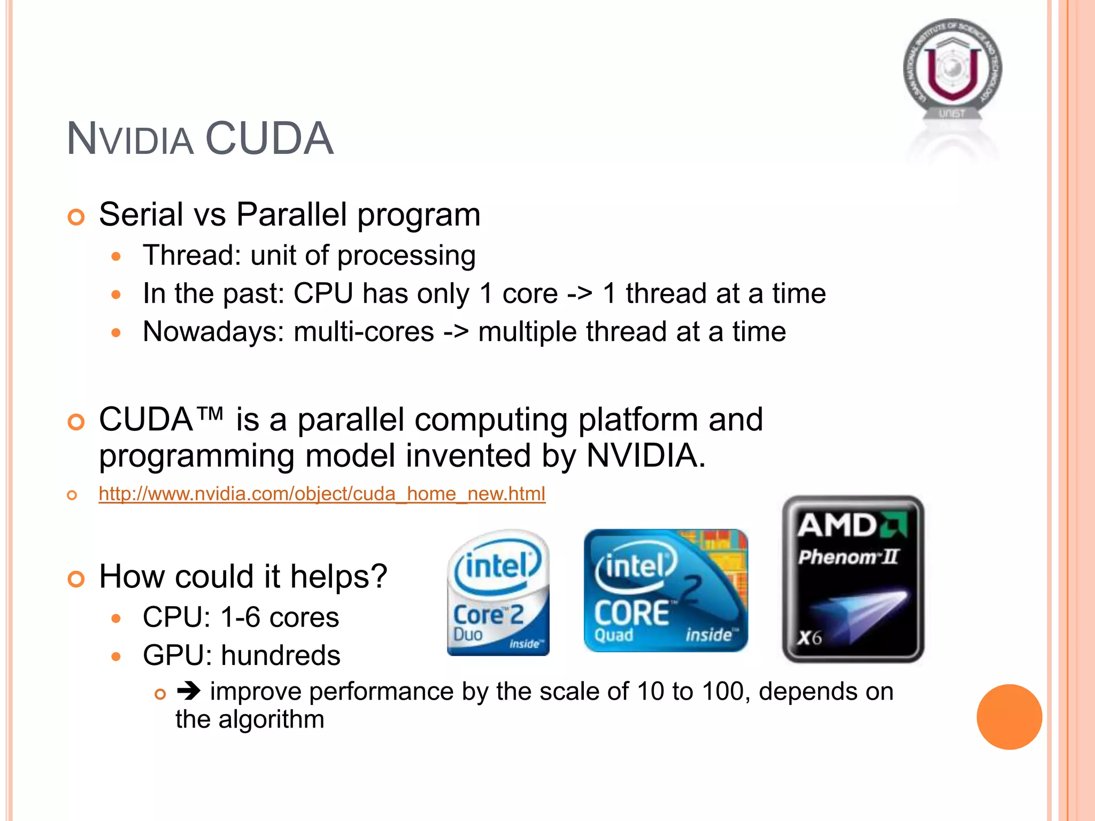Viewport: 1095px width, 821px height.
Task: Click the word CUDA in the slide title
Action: click(269, 138)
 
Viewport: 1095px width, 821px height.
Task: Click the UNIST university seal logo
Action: click(952, 69)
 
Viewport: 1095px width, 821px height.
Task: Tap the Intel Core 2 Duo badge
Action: click(498, 592)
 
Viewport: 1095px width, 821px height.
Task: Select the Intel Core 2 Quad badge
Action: click(665, 591)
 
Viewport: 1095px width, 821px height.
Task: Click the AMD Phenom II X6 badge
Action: click(853, 579)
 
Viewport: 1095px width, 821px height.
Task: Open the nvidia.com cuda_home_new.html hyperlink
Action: click(322, 493)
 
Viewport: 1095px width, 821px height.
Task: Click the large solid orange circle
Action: click(1009, 717)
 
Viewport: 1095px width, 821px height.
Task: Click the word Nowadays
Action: click(213, 332)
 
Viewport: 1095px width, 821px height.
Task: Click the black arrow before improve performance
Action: click(189, 691)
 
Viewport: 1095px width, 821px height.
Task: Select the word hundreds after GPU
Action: click(280, 655)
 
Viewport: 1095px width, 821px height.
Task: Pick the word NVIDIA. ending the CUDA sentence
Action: click(646, 456)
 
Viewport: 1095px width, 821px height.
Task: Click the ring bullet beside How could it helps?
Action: click(76, 579)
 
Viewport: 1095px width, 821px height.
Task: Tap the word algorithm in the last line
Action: click(271, 719)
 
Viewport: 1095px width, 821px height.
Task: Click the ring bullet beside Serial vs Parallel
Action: click(76, 217)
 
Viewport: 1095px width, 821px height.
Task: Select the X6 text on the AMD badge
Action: click(809, 638)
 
